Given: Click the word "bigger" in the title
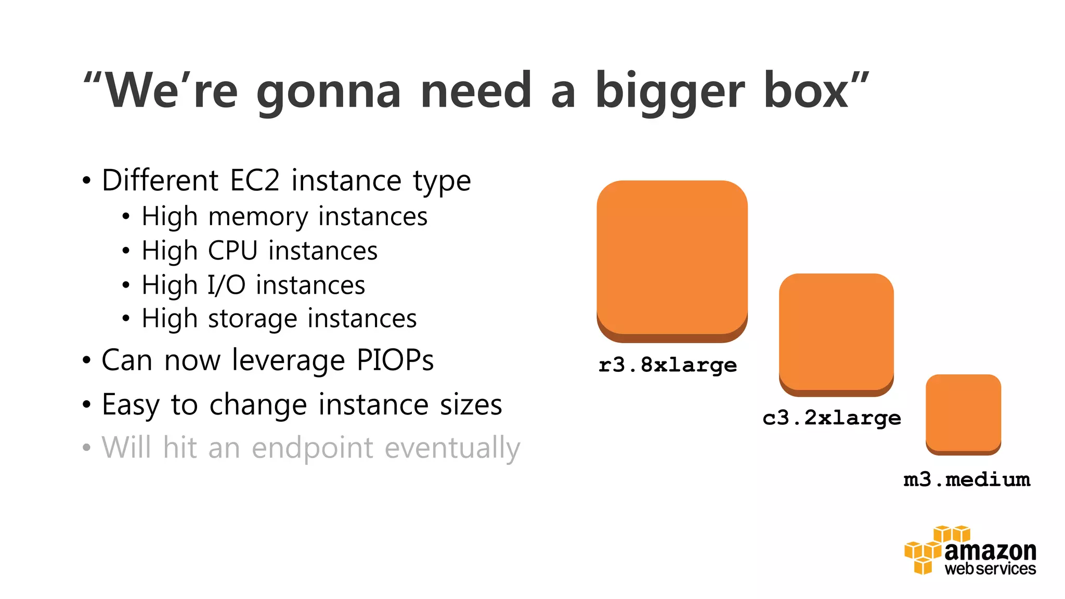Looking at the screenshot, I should [x=670, y=92].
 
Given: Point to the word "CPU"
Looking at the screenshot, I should [x=232, y=251].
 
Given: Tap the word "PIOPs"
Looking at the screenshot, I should [x=395, y=360].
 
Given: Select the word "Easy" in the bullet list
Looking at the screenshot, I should [x=131, y=405].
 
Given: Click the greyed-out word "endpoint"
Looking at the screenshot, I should [x=312, y=448].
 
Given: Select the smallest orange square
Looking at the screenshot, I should [x=963, y=413].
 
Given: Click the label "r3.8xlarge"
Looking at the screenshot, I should [x=668, y=365].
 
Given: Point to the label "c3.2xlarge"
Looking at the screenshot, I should [x=832, y=418].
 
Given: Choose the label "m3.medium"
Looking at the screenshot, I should [x=967, y=479].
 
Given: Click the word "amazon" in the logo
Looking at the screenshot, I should [x=990, y=551].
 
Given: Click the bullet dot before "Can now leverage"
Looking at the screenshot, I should [x=86, y=360].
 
